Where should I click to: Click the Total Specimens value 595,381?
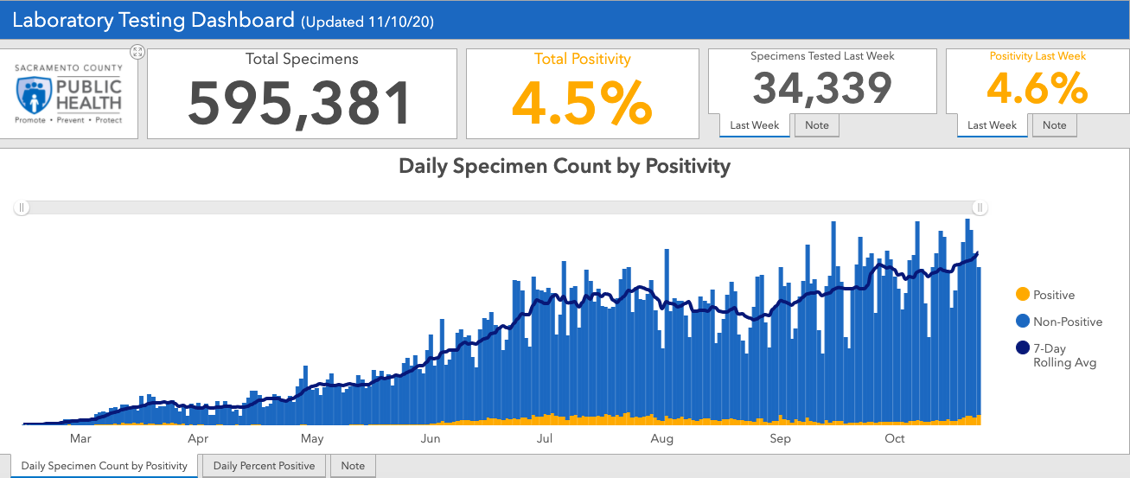pyautogui.click(x=300, y=103)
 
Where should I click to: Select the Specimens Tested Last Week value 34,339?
pyautogui.click(x=821, y=87)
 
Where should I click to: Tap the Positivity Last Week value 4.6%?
pyautogui.click(x=1037, y=87)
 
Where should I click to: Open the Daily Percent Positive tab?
pyautogui.click(x=264, y=466)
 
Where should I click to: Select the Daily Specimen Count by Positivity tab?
pyautogui.click(x=104, y=466)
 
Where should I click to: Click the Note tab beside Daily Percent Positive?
pyautogui.click(x=353, y=466)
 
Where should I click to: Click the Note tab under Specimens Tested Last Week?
pyautogui.click(x=816, y=125)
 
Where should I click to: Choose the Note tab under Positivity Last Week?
pyautogui.click(x=1054, y=125)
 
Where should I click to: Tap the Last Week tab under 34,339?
pyautogui.click(x=754, y=125)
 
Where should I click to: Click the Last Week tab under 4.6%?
pyautogui.click(x=992, y=125)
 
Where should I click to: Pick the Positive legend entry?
pyautogui.click(x=1053, y=295)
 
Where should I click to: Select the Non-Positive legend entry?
pyautogui.click(x=1067, y=322)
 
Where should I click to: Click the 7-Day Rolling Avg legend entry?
pyautogui.click(x=1064, y=355)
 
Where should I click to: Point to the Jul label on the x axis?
pyautogui.click(x=545, y=439)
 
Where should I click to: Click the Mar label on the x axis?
pyautogui.click(x=80, y=439)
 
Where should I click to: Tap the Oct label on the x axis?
pyautogui.click(x=894, y=439)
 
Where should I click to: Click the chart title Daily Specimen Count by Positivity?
pyautogui.click(x=564, y=166)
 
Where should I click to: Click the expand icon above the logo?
pyautogui.click(x=137, y=52)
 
